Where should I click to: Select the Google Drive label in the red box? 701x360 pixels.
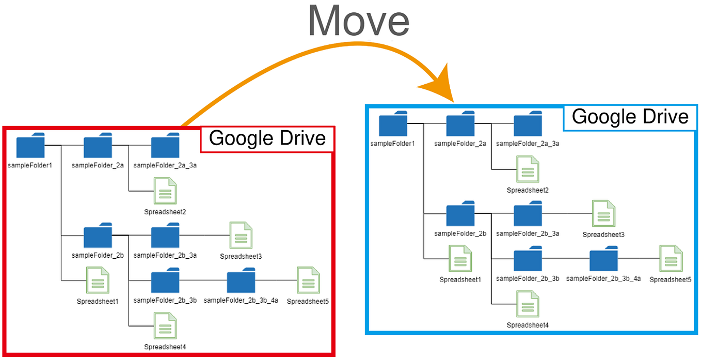coord(267,138)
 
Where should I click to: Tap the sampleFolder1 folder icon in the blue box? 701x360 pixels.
coord(393,126)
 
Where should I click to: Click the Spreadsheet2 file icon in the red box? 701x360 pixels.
coord(165,191)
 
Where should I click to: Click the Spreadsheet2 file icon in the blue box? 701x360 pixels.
coord(528,169)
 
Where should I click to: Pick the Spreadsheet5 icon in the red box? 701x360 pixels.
coord(308,281)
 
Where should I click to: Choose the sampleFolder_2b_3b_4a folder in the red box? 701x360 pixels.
coord(241,281)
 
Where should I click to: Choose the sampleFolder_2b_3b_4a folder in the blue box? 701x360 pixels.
coord(603,259)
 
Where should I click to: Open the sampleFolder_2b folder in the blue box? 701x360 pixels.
coord(460,214)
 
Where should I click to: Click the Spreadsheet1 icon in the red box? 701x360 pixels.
coord(98,281)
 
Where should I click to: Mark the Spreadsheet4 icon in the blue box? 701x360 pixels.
coord(528,305)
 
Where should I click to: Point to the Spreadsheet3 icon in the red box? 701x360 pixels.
coord(241,236)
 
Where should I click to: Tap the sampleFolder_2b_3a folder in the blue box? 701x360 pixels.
coord(528,214)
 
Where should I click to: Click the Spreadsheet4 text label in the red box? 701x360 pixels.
coord(165,347)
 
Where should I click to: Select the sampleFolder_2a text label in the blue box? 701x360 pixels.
coord(460,144)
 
